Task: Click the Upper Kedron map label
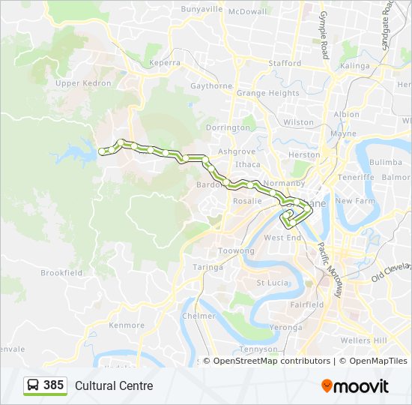79,83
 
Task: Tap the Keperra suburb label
166,64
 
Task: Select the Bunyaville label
202,10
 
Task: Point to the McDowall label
247,11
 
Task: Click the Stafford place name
285,64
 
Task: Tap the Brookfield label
61,273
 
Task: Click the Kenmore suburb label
127,325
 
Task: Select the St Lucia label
272,283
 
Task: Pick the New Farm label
355,201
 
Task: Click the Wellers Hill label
364,340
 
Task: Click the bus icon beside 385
34,385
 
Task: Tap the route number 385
54,385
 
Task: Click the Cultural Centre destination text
114,386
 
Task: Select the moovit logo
355,385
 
